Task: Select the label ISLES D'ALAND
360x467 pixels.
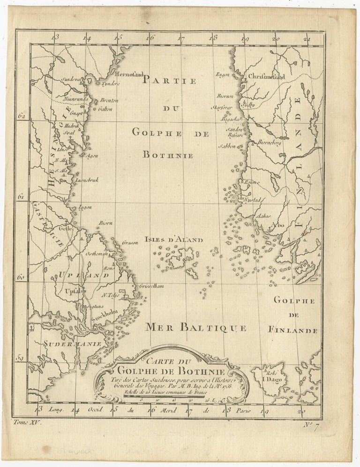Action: [x=173, y=240]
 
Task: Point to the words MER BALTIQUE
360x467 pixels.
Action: [x=196, y=327]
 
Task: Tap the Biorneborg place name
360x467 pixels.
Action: [x=269, y=143]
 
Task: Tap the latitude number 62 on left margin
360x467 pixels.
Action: [x=21, y=114]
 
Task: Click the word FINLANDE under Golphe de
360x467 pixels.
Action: [x=294, y=330]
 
